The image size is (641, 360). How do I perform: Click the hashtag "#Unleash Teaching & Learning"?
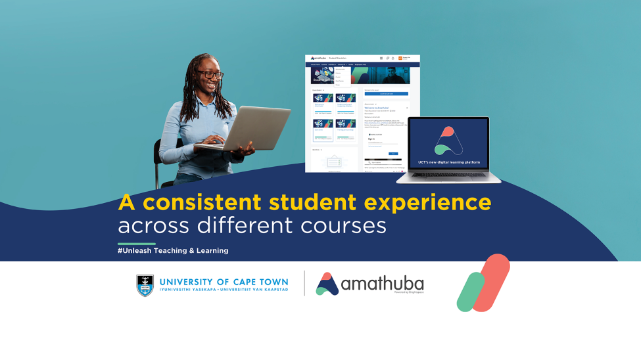point(173,250)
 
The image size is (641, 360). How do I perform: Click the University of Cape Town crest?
point(145,284)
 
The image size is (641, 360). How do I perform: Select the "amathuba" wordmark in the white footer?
point(383,284)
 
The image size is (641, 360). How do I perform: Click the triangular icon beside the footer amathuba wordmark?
point(327,284)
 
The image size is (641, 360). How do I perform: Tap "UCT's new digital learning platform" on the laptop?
point(448,162)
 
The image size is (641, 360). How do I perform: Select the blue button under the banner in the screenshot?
point(387,94)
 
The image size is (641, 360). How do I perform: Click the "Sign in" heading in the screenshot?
point(371,139)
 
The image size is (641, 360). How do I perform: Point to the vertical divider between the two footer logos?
point(304,283)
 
